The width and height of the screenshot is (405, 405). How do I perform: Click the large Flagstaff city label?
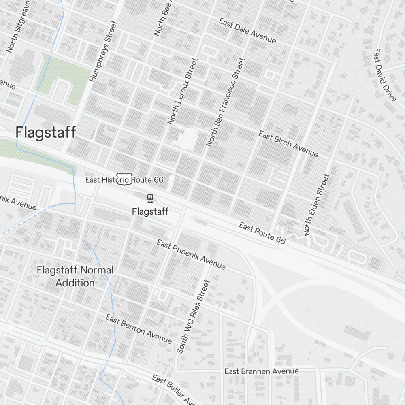[46, 132]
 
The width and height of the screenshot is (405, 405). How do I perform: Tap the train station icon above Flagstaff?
[150, 198]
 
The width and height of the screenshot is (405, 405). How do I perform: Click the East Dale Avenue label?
[247, 31]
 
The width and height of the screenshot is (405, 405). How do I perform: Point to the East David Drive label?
[384, 75]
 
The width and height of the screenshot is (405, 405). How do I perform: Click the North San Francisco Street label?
[226, 102]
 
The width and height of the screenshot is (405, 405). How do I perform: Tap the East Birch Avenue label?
[288, 144]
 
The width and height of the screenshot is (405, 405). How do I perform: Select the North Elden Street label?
[317, 205]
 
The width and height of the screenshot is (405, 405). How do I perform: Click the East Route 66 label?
[262, 233]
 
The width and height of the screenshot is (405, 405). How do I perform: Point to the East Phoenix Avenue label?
[191, 254]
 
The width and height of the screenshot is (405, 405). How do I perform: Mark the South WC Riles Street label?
[194, 317]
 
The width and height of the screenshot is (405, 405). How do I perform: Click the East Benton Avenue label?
[139, 328]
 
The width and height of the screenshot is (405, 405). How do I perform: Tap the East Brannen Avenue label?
[262, 371]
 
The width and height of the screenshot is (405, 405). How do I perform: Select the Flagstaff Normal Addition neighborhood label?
[75, 276]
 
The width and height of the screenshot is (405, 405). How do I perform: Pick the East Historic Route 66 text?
[124, 179]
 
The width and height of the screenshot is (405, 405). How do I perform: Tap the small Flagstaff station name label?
[150, 211]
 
